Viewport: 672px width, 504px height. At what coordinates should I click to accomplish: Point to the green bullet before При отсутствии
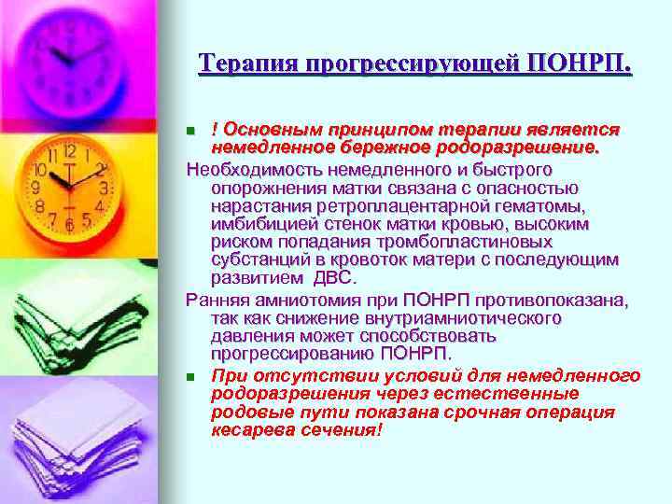click(190, 377)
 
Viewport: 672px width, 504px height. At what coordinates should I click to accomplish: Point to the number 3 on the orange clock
click(105, 189)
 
